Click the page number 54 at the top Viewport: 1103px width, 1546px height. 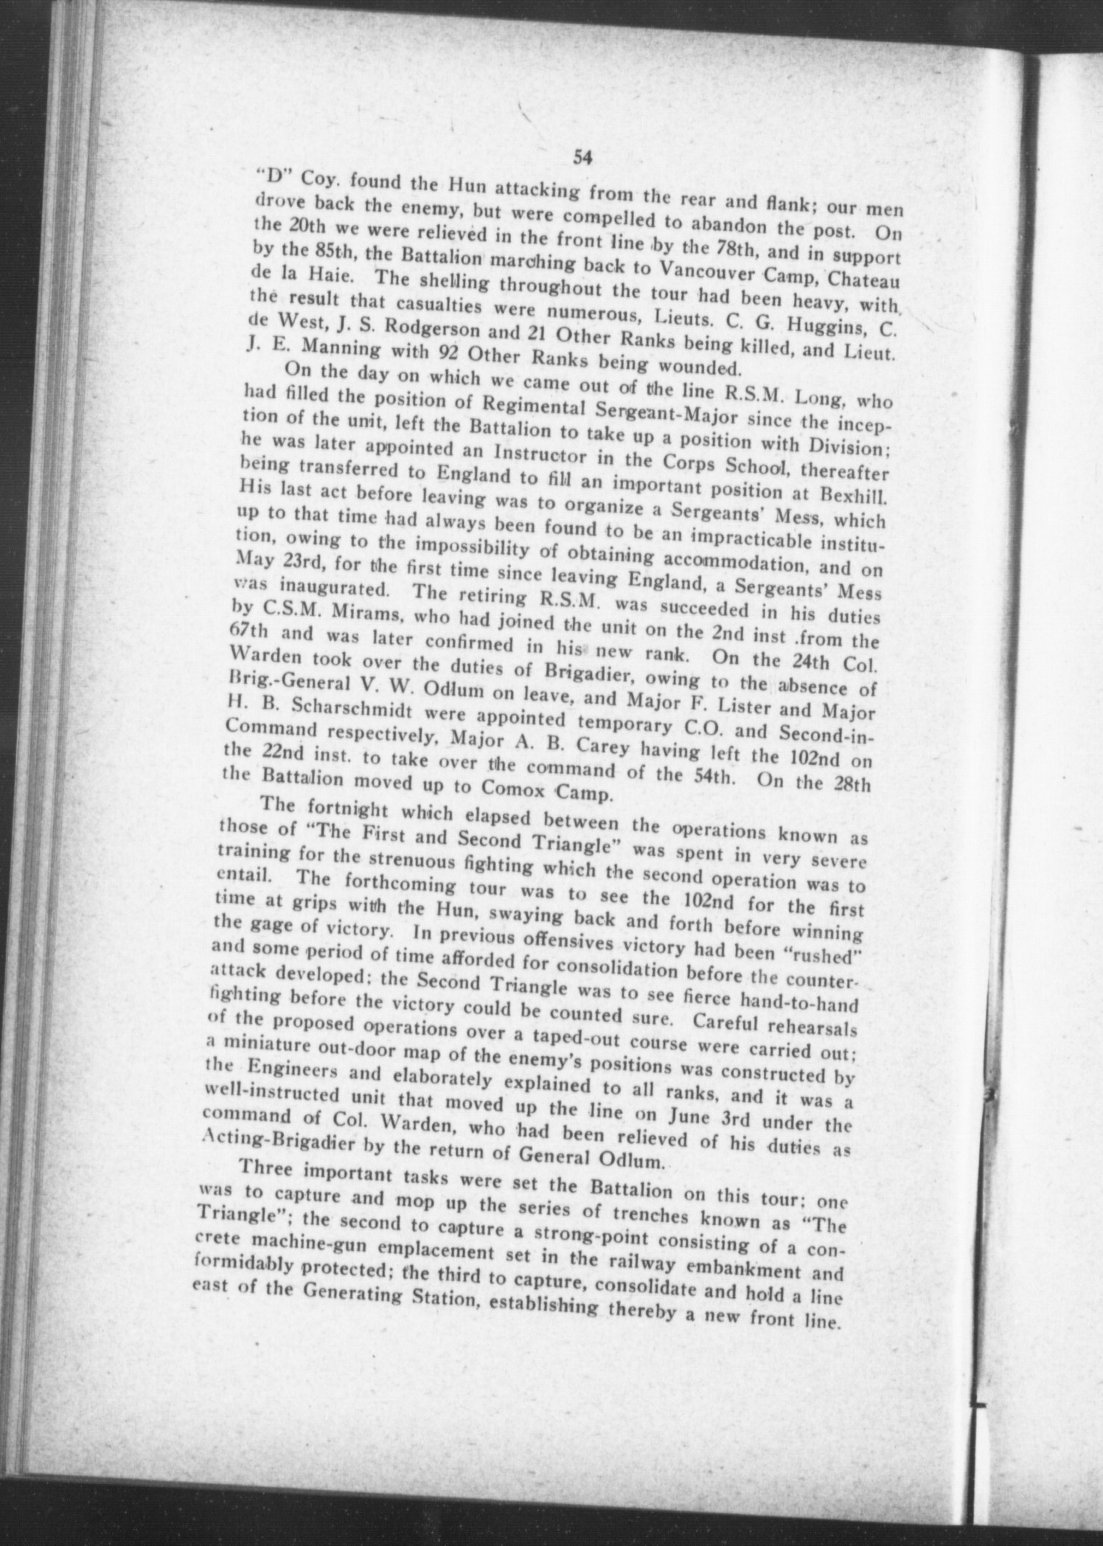582,157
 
